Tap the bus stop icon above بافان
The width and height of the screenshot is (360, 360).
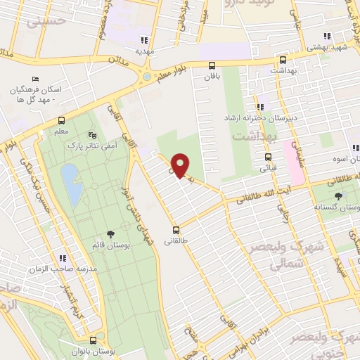212,64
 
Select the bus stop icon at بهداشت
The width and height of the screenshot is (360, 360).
283,60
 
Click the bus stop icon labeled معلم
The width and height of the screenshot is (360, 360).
61,120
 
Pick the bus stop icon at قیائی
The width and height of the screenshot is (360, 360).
268,157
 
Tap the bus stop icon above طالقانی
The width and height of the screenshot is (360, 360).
176,229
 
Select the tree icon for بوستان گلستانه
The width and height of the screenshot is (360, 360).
340,196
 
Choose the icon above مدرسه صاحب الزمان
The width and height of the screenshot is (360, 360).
63,257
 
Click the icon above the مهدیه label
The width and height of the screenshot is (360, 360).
145,40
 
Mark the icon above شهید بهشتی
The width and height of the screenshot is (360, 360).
326,36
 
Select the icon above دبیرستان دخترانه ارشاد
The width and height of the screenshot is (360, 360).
260,108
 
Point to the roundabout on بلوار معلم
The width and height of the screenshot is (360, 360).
146,77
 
